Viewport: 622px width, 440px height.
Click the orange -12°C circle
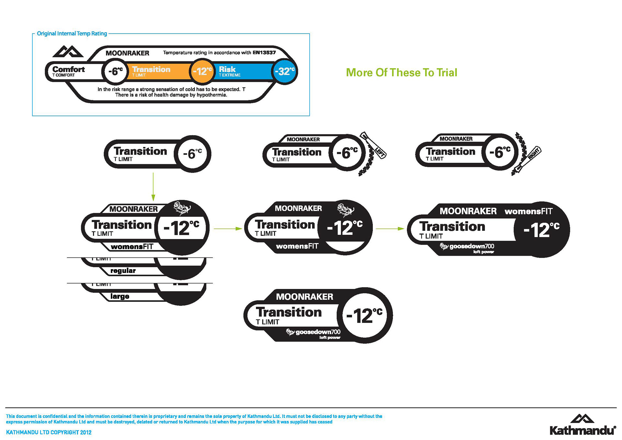(x=202, y=71)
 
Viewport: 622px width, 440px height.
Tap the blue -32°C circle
(x=284, y=71)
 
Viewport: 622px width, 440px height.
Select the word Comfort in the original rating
(x=68, y=69)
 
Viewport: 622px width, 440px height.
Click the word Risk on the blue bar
(x=227, y=69)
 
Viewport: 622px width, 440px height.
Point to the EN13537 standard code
(x=264, y=53)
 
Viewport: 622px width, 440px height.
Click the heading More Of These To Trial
(x=401, y=72)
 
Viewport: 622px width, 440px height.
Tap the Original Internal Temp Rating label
(x=72, y=33)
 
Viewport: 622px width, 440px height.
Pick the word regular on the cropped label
(x=123, y=271)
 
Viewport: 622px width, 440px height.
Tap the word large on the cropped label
(x=120, y=296)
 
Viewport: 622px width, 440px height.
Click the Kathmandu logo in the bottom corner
(x=582, y=425)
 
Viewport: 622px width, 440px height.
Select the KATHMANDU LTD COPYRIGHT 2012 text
(x=49, y=432)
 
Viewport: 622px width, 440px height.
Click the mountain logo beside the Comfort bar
(x=68, y=52)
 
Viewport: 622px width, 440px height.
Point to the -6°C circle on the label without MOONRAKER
(x=192, y=154)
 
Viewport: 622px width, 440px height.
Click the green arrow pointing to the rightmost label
(x=390, y=229)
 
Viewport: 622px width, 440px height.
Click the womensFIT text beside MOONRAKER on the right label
(x=528, y=211)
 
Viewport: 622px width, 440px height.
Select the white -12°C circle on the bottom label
(x=364, y=315)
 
